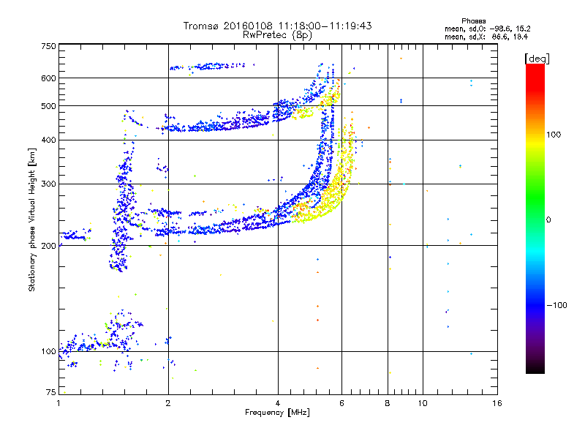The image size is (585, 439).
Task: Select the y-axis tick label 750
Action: point(48,46)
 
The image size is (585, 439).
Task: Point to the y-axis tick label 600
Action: point(48,78)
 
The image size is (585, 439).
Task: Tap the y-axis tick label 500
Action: point(48,106)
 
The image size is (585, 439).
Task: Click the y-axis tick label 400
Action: point(48,140)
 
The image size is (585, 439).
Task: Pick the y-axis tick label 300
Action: point(48,184)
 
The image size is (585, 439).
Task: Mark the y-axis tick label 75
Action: point(50,393)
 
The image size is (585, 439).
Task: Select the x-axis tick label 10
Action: point(423,403)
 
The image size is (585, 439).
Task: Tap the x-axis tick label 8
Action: point(388,403)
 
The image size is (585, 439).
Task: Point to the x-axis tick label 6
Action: point(341,403)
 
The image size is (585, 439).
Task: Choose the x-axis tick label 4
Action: point(278,403)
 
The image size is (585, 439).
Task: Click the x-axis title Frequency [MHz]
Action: point(278,413)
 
